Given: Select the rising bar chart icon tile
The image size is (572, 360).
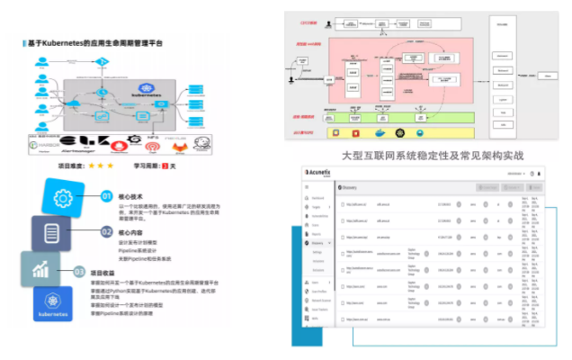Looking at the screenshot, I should (41, 268).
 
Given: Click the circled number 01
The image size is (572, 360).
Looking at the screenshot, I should (106, 195).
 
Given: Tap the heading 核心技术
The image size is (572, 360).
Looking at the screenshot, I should (130, 195).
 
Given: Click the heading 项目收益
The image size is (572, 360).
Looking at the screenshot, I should (104, 272).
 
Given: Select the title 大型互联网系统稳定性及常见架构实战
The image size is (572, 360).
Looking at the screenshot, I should (433, 155).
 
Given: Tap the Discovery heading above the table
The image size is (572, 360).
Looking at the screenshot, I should (347, 187).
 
